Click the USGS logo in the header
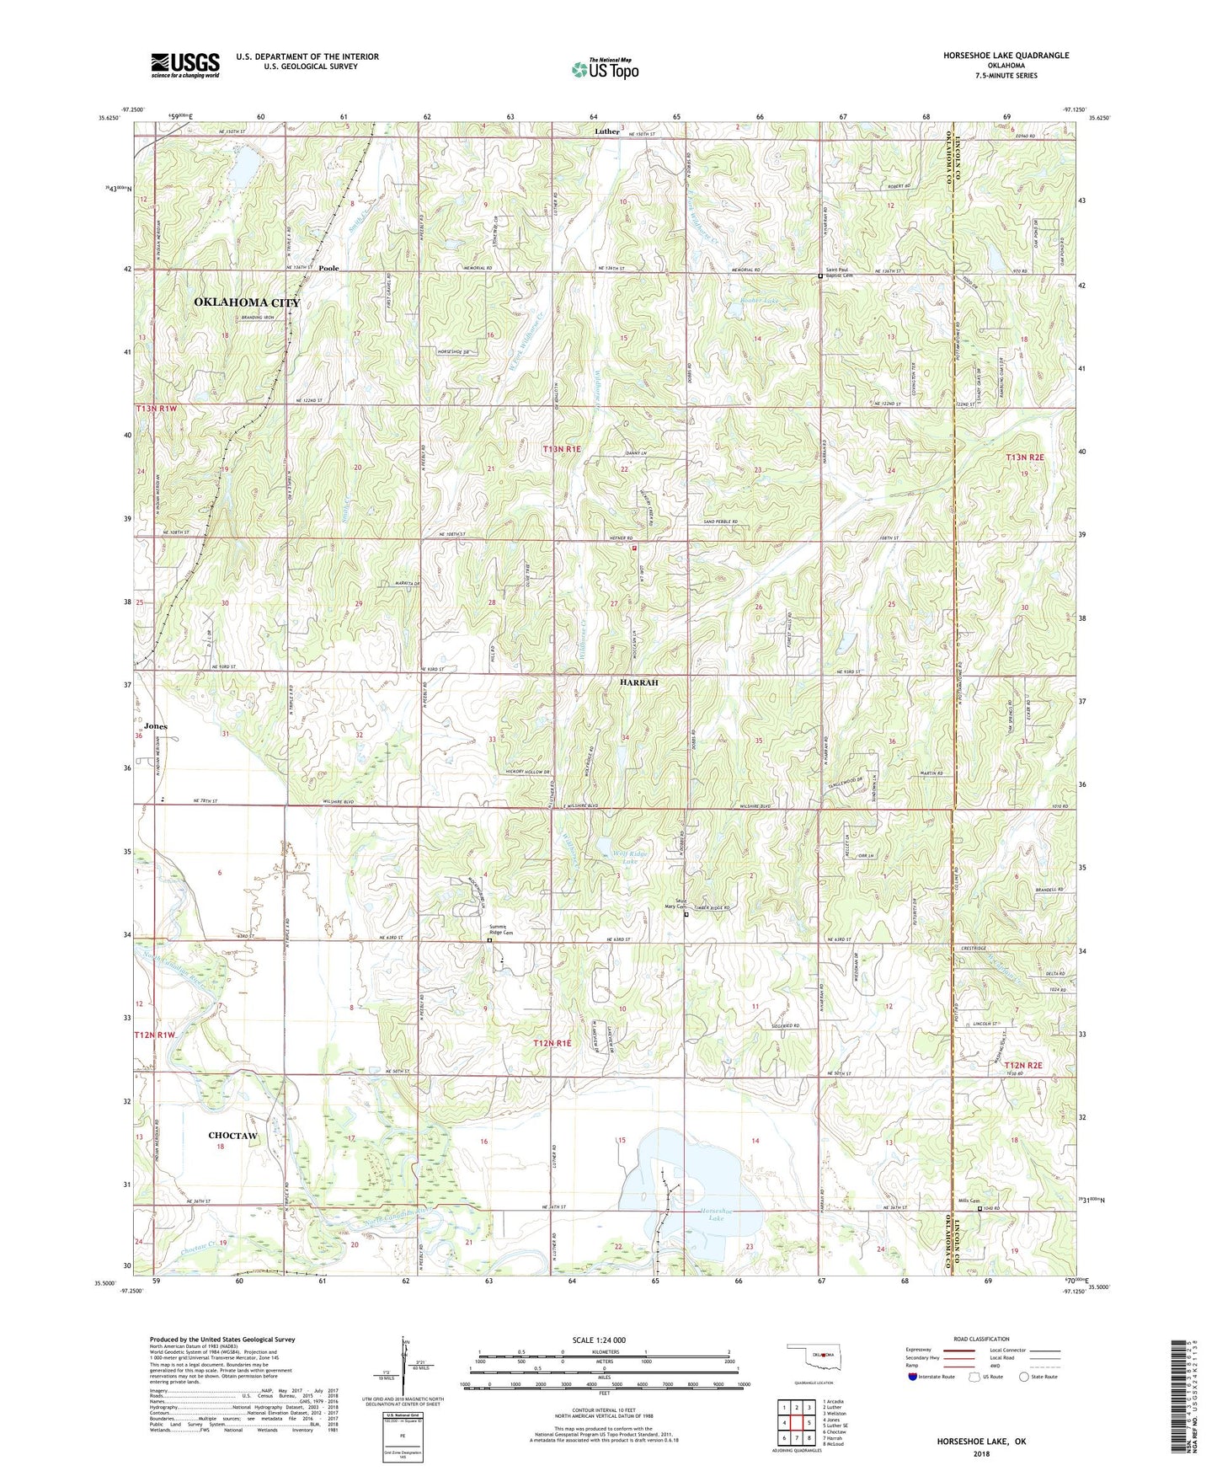pos(185,64)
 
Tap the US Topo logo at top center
pos(605,69)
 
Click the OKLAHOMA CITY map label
pos(247,302)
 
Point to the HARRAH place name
pos(639,682)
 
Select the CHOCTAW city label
pos(232,1136)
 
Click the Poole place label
pos(328,269)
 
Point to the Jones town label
pos(156,726)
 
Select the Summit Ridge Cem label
pos(502,930)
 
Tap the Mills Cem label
pos(969,1201)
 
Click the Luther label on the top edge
pos(606,131)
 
